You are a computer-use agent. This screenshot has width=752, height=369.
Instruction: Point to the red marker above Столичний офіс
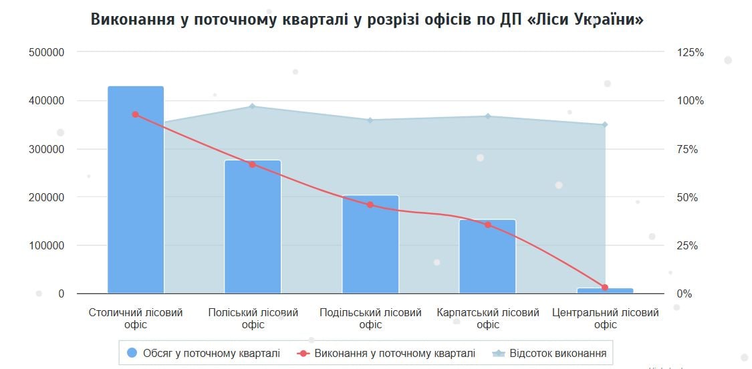tap(135, 114)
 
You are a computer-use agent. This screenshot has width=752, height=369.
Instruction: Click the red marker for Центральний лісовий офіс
tap(605, 287)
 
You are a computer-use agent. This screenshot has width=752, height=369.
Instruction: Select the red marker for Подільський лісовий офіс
tap(370, 205)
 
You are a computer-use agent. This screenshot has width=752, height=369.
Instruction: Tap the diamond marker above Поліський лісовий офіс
tap(253, 106)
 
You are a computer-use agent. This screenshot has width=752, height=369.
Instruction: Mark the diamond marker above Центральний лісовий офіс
tap(605, 124)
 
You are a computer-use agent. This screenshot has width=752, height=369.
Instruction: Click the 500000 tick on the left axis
tap(47, 52)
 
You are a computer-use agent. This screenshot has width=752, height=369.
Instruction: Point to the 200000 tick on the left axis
tap(47, 197)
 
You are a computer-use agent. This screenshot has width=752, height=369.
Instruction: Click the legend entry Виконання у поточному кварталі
tap(386, 353)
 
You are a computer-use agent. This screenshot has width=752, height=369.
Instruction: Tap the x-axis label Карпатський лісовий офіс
tap(488, 318)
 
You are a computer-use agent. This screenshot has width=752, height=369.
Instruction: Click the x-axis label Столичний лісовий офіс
tap(136, 318)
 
